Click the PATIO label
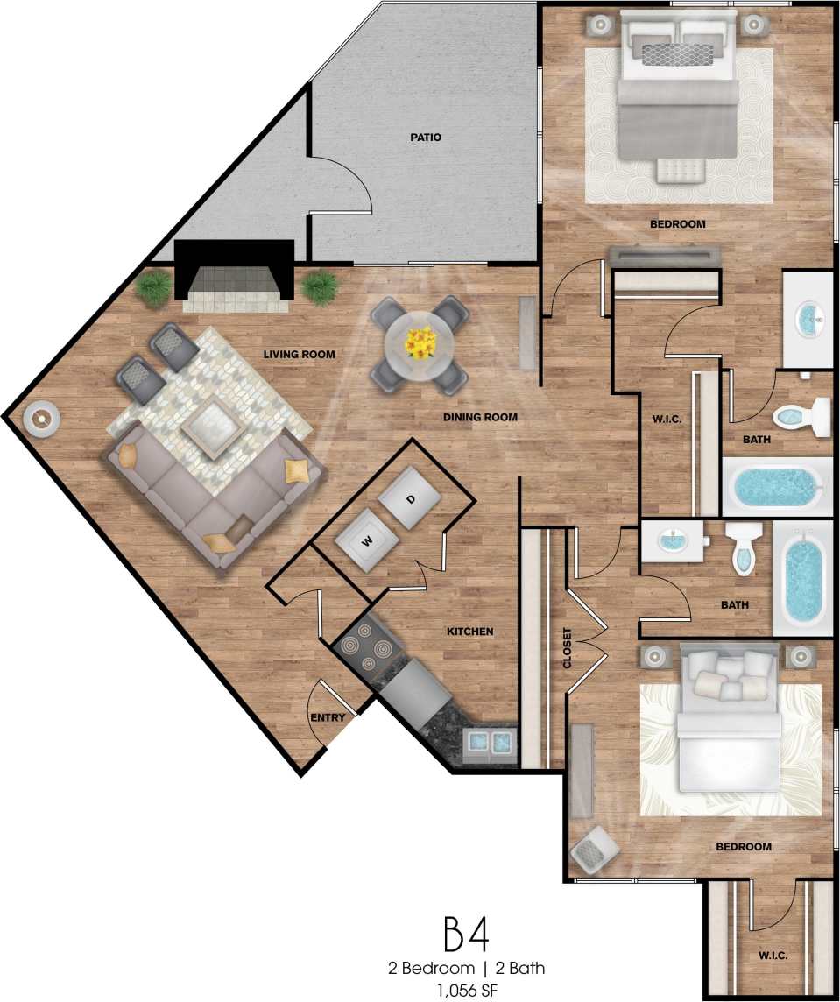[x=425, y=138]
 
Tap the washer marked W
[x=368, y=540]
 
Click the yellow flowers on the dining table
[x=420, y=343]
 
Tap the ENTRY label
[x=328, y=718]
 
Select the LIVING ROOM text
[x=300, y=354]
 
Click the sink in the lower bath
[x=672, y=541]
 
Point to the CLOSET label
[x=567, y=648]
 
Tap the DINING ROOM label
[x=480, y=417]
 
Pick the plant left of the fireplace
[x=154, y=288]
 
